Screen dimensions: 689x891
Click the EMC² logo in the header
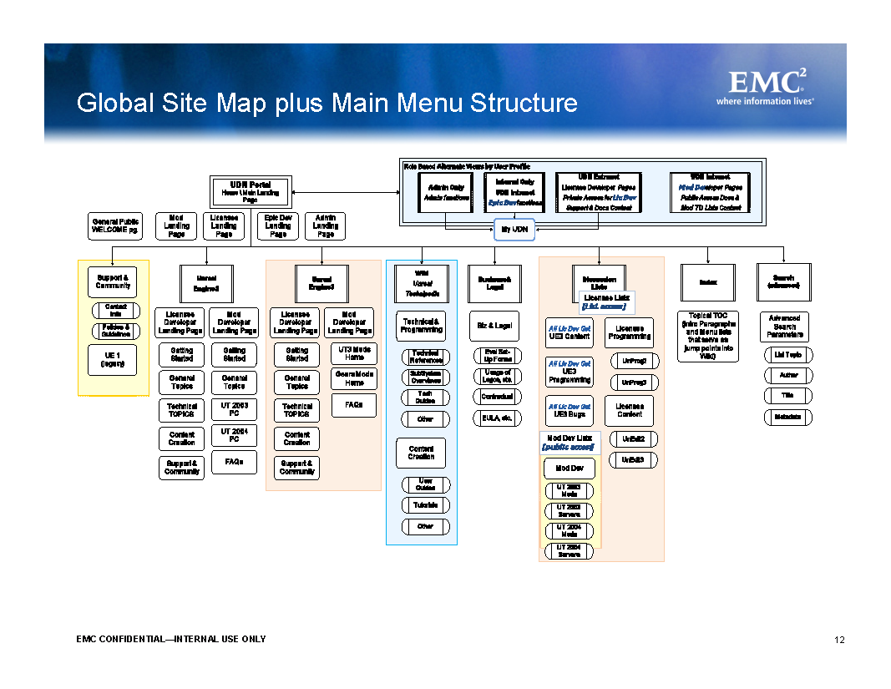pyautogui.click(x=770, y=87)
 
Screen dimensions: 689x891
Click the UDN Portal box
pyautogui.click(x=250, y=192)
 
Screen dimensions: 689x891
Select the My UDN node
pyautogui.click(x=514, y=229)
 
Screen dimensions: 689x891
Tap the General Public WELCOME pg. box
pyautogui.click(x=116, y=225)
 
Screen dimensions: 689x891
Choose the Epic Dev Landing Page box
pyautogui.click(x=278, y=225)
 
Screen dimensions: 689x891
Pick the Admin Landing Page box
pyautogui.click(x=325, y=225)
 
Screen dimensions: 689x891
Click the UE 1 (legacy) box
pyautogui.click(x=112, y=359)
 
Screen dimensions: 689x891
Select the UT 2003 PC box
pyautogui.click(x=234, y=410)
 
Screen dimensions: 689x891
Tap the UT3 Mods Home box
pyautogui.click(x=354, y=353)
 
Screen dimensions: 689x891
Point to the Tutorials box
pyautogui.click(x=426, y=505)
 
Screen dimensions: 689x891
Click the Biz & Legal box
pyautogui.click(x=495, y=325)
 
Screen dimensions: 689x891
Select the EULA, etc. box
pyautogui.click(x=497, y=418)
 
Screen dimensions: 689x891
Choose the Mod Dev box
pyautogui.click(x=570, y=469)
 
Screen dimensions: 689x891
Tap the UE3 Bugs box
pyautogui.click(x=570, y=411)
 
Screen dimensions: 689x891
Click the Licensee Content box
pyautogui.click(x=630, y=410)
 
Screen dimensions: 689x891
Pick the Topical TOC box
pyautogui.click(x=707, y=337)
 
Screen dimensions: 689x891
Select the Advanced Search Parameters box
pyautogui.click(x=785, y=327)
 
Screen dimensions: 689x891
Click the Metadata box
pyautogui.click(x=787, y=417)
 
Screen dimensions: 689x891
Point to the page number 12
pyautogui.click(x=839, y=641)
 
